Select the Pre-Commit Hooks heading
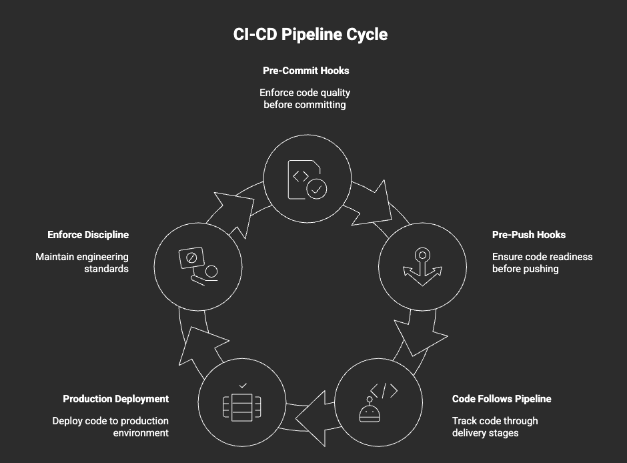click(x=305, y=70)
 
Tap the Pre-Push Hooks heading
click(x=528, y=235)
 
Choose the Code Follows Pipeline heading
click(x=502, y=399)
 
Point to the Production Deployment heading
click(x=115, y=399)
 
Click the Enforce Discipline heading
click(x=88, y=235)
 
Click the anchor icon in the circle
click(x=422, y=267)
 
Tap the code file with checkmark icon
click(x=307, y=179)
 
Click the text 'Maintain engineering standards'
click(x=82, y=262)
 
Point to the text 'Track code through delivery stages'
click(x=494, y=426)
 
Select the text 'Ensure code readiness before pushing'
click(x=542, y=262)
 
